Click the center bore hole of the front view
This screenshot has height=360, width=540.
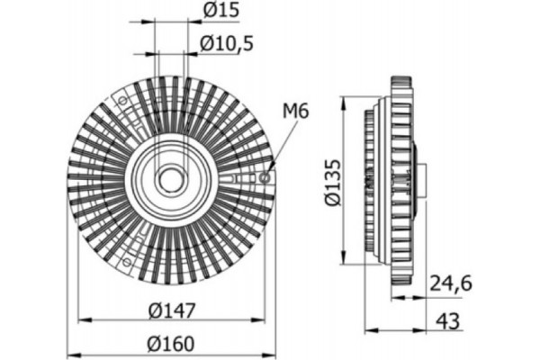[x=170, y=178]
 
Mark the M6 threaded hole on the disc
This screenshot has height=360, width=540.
[x=264, y=177]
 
